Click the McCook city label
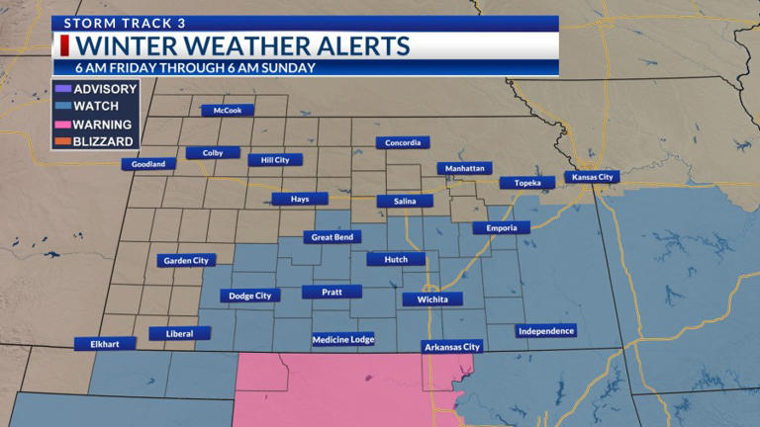pyautogui.click(x=228, y=111)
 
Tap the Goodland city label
pyautogui.click(x=148, y=164)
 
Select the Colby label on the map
pyautogui.click(x=212, y=153)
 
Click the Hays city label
pyautogui.click(x=300, y=199)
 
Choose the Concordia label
pyautogui.click(x=403, y=143)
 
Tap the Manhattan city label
pyautogui.click(x=464, y=169)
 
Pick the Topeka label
pyautogui.click(x=527, y=183)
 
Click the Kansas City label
pyautogui.click(x=591, y=177)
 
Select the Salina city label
pyautogui.click(x=405, y=202)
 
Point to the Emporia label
pyautogui.click(x=501, y=228)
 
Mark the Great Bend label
pyautogui.click(x=335, y=237)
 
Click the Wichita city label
pyautogui.click(x=432, y=299)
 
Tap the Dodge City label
pyautogui.click(x=249, y=296)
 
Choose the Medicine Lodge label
pyautogui.click(x=343, y=339)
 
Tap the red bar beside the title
pyautogui.click(x=64, y=46)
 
